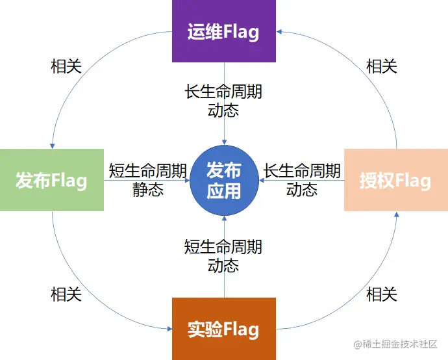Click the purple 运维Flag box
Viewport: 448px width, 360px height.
(223, 31)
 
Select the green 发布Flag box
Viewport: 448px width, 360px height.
(52, 180)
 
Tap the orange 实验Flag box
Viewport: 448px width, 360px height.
(223, 329)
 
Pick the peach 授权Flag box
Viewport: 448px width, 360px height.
(395, 180)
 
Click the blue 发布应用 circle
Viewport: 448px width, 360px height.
(223, 180)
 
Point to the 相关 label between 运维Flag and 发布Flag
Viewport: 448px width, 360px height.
(66, 66)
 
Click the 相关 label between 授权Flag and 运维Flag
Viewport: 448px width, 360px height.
(382, 66)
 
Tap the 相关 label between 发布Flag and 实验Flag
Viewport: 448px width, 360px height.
(66, 294)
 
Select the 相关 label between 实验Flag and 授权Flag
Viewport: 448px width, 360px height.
(382, 294)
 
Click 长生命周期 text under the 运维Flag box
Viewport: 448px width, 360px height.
(223, 92)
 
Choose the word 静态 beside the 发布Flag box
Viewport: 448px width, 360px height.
(148, 189)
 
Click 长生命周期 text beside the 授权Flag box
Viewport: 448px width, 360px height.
(302, 171)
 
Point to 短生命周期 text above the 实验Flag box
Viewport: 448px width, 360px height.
(223, 247)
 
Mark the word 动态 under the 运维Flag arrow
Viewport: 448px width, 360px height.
(223, 110)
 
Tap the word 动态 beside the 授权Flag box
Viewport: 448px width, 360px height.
(302, 189)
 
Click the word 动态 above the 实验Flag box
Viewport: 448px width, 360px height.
(223, 265)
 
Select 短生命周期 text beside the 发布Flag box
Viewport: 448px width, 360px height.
(148, 171)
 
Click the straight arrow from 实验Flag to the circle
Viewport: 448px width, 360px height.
(224, 286)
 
